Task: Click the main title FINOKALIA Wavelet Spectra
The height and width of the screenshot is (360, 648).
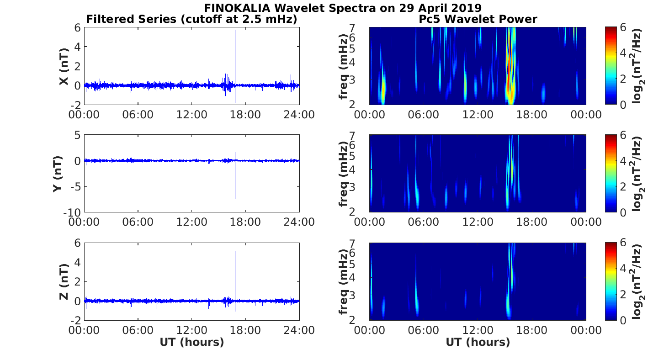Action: click(x=342, y=8)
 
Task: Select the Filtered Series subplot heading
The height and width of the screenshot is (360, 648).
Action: click(x=191, y=20)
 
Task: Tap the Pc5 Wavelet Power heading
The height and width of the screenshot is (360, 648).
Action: click(x=478, y=20)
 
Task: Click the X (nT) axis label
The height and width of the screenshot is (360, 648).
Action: click(x=64, y=66)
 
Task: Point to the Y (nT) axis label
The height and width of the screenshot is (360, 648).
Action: click(x=58, y=174)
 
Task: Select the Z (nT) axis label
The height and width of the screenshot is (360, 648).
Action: click(x=64, y=281)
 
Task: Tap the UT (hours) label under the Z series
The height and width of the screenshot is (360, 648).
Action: click(x=191, y=342)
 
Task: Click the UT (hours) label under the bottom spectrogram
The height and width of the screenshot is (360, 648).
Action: click(x=478, y=342)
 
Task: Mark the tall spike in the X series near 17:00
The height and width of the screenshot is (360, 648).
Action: click(x=235, y=46)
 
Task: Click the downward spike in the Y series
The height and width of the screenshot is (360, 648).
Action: click(x=235, y=187)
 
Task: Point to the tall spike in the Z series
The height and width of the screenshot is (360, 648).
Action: click(x=235, y=265)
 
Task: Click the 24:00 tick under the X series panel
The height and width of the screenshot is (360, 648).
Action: click(x=299, y=114)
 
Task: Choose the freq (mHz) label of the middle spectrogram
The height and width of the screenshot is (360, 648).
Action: click(x=344, y=174)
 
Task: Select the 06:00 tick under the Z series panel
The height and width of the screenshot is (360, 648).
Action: click(x=138, y=330)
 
